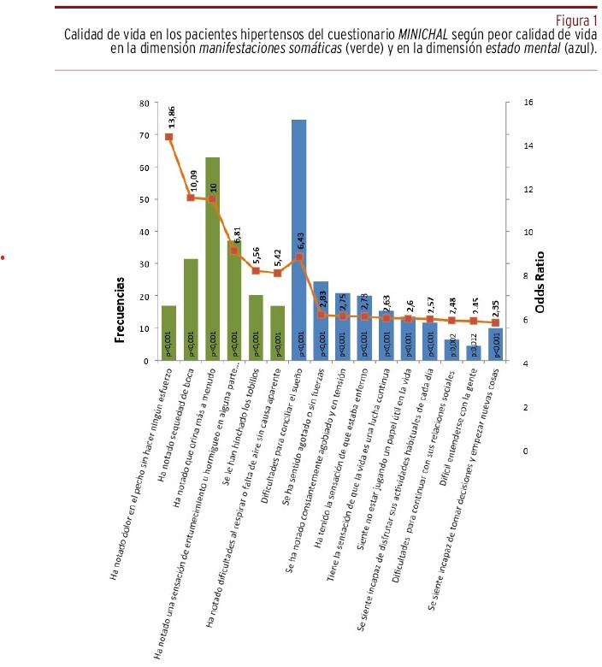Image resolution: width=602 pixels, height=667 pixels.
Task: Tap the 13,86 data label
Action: coord(171,116)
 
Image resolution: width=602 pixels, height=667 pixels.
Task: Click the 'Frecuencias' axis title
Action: coord(121,308)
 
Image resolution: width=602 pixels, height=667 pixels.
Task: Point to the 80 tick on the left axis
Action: coord(145,103)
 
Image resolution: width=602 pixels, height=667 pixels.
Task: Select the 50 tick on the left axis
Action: coord(145,199)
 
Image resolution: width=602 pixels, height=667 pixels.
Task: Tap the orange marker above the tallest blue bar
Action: coord(298,257)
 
